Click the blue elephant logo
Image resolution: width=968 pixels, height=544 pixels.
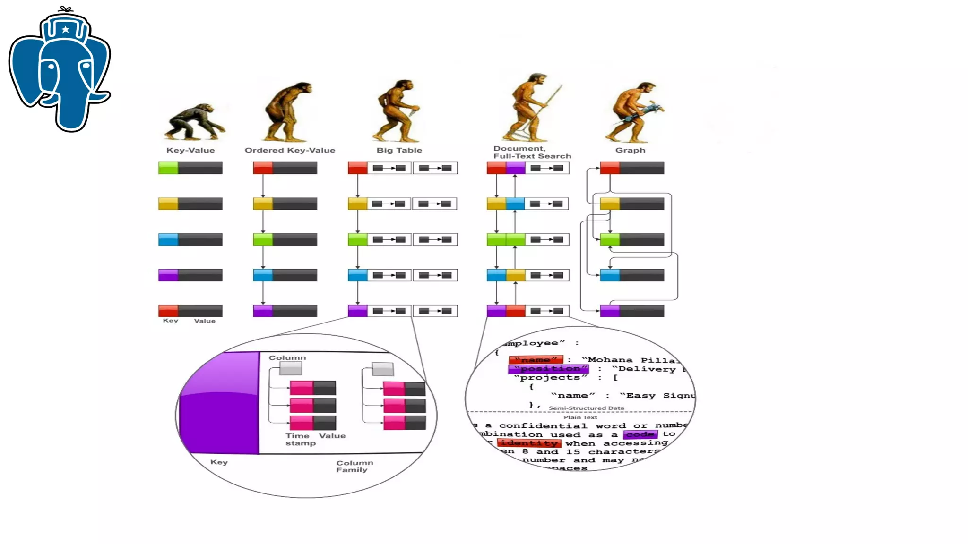click(x=60, y=71)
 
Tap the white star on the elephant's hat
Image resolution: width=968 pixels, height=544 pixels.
click(x=66, y=30)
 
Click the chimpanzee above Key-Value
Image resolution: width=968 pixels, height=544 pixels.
click(x=194, y=122)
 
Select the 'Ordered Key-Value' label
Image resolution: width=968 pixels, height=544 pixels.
click(x=290, y=150)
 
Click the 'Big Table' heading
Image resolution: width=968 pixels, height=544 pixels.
click(x=399, y=150)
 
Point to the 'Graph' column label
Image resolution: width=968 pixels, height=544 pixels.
click(x=630, y=150)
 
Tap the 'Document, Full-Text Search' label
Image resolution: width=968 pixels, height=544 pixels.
click(x=532, y=152)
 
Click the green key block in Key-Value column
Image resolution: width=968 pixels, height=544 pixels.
click(x=168, y=168)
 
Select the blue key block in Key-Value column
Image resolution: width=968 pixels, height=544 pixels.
click(x=168, y=239)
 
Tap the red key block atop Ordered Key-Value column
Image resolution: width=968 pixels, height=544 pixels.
click(x=263, y=168)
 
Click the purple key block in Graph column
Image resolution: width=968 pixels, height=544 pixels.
click(x=610, y=311)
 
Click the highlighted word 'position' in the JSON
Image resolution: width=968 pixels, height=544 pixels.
click(x=549, y=369)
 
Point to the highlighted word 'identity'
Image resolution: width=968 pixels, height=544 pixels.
click(x=529, y=443)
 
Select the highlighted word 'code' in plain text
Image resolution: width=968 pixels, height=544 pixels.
click(x=640, y=434)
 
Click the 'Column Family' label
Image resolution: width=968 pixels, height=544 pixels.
click(x=354, y=466)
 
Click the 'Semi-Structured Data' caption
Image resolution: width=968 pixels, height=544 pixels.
click(x=586, y=408)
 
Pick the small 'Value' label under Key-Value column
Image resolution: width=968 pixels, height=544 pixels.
click(x=204, y=321)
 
